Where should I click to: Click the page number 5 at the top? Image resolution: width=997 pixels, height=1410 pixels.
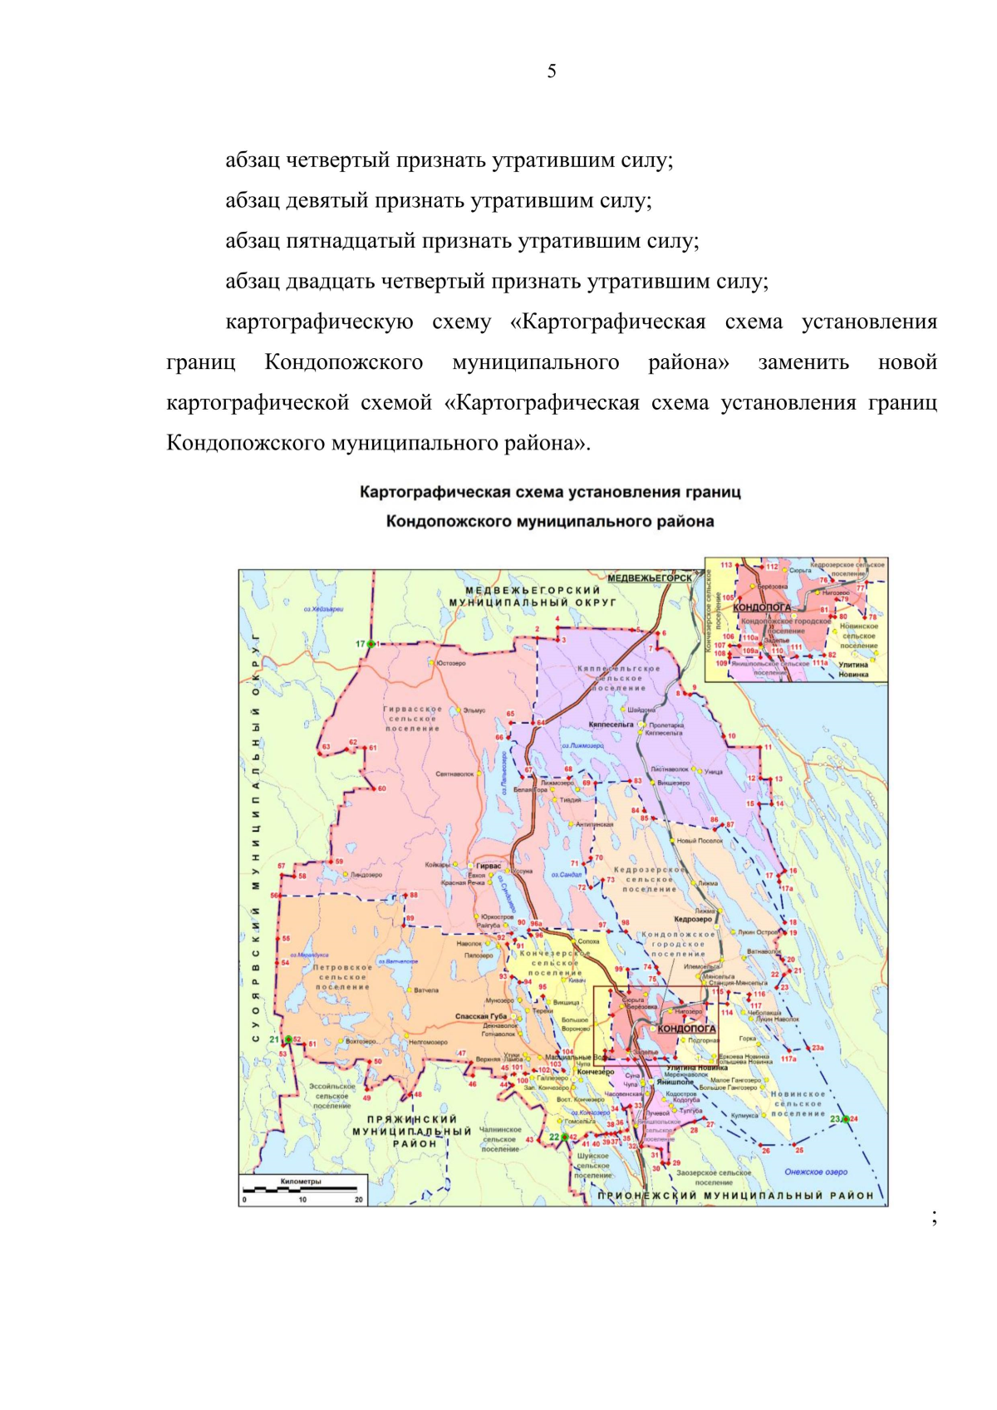[x=552, y=71]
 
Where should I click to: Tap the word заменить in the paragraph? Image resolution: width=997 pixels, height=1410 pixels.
[x=803, y=362]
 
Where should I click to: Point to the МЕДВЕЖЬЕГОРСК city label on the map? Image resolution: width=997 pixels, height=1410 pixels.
[x=649, y=577]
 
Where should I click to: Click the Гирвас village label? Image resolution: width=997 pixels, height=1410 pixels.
[x=489, y=866]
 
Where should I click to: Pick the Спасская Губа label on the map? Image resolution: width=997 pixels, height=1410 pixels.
[x=480, y=1016]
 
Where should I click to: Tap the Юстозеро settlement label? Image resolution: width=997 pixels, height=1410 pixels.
[x=451, y=663]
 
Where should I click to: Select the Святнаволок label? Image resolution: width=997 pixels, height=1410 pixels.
[x=454, y=774]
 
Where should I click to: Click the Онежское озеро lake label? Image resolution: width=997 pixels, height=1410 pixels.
[x=816, y=1172]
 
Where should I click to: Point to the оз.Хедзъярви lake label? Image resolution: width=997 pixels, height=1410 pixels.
[x=323, y=609]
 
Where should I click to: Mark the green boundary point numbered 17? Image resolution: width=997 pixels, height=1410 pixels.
[x=371, y=644]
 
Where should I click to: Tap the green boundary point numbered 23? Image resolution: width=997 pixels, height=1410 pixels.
[x=846, y=1119]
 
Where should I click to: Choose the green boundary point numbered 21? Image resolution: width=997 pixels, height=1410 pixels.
[x=287, y=1039]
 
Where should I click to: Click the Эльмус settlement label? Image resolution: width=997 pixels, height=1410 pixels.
[x=474, y=710]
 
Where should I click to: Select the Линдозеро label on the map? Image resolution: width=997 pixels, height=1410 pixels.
[x=366, y=875]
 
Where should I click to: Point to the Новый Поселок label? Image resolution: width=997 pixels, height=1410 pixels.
[x=700, y=841]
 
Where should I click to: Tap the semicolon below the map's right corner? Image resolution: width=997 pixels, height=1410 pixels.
[x=935, y=1217]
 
